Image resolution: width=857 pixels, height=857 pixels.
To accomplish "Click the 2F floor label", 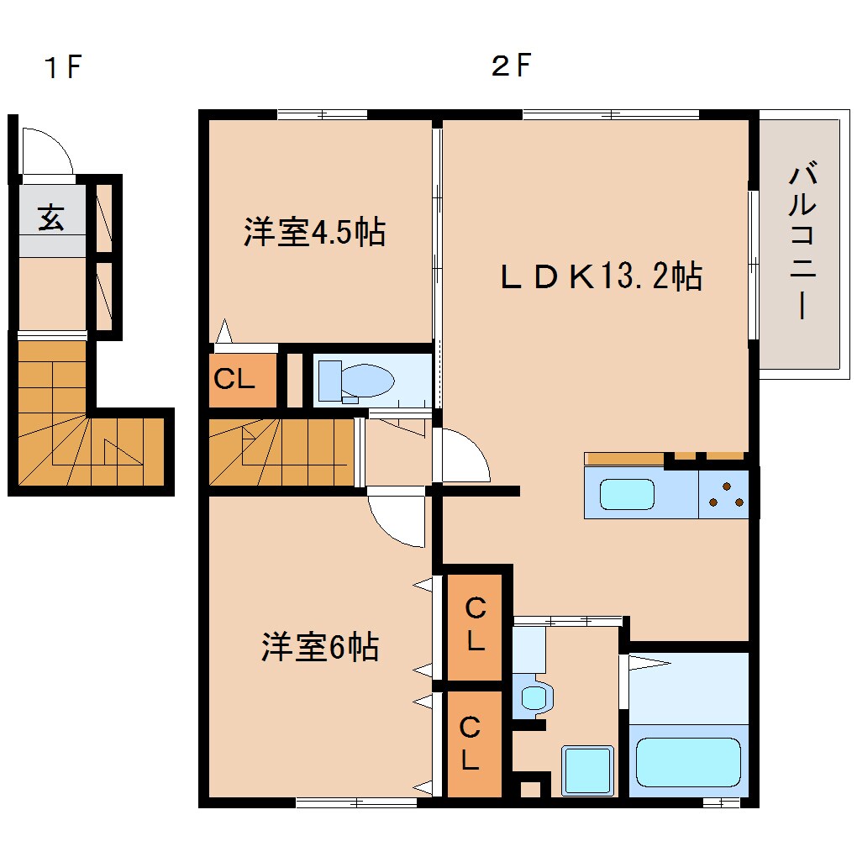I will tap(512, 67).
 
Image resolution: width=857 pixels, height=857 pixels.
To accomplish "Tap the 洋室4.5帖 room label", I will tap(315, 232).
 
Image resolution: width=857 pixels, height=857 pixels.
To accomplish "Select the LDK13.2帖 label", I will tap(601, 276).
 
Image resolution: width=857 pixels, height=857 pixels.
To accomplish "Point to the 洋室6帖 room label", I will tap(319, 647).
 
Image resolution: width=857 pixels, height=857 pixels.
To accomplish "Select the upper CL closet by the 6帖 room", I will tap(475, 625).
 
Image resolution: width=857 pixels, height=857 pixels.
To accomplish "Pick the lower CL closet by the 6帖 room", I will tap(471, 744).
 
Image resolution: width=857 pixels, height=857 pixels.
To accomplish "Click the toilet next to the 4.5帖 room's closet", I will tap(357, 381).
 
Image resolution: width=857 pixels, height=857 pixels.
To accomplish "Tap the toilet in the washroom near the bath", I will tap(534, 696).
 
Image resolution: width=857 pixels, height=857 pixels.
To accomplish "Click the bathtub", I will tap(688, 761).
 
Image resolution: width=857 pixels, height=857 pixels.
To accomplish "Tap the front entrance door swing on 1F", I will tap(46, 151).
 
